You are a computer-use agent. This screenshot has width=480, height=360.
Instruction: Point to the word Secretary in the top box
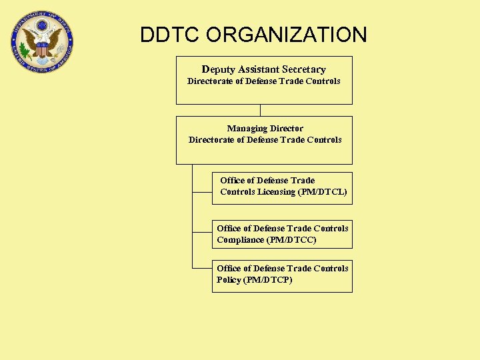pyautogui.click(x=304, y=69)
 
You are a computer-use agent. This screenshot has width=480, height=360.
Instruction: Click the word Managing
pyautogui.click(x=246, y=128)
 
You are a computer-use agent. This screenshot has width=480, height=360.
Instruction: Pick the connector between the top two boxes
pyautogui.click(x=260, y=110)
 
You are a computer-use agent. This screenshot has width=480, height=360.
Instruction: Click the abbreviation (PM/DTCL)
pyautogui.click(x=323, y=192)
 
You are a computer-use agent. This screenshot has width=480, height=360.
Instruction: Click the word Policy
pyautogui.click(x=229, y=280)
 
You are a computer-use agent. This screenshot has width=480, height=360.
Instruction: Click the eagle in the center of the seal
pyautogui.click(x=42, y=41)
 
